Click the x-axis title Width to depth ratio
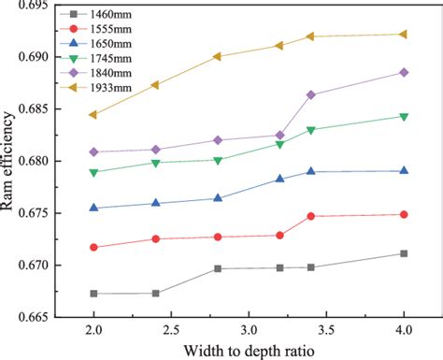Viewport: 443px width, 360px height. click(x=248, y=350)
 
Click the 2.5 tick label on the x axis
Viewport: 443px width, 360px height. click(x=171, y=331)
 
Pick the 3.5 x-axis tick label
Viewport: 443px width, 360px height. click(x=326, y=331)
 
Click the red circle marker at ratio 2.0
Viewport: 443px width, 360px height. click(x=93, y=247)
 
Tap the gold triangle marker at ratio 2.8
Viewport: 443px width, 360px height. click(x=218, y=56)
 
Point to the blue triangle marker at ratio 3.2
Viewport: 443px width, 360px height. click(x=279, y=179)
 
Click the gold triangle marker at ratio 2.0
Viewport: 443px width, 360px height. click(x=93, y=115)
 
